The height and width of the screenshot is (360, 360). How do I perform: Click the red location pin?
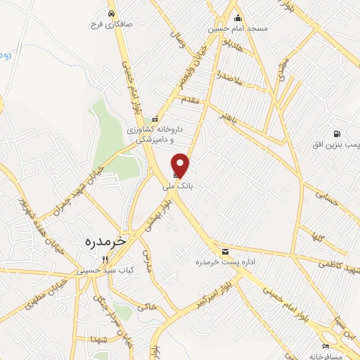coord(181,165)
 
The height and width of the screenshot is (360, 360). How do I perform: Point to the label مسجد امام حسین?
coord(238,30)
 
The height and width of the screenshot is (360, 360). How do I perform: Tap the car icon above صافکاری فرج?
coord(112,13)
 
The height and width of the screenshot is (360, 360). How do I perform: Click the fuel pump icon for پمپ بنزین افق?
coord(337,134)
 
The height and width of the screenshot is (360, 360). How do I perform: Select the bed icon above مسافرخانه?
coord(326,345)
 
